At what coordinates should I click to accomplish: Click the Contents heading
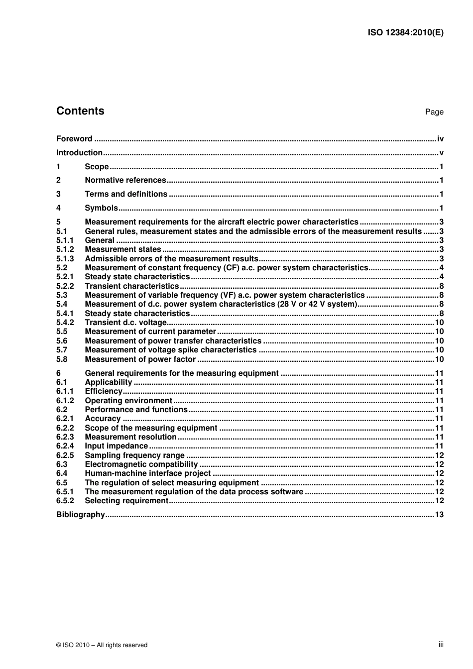tap(80, 111)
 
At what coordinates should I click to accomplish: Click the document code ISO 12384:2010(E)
tap(405, 33)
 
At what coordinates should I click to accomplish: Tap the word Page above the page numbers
tap(434, 112)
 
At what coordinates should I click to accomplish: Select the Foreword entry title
tap(74, 139)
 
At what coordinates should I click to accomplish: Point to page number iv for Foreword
tap(440, 139)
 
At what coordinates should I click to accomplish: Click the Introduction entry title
tap(79, 153)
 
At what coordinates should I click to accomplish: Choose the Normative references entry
tap(125, 180)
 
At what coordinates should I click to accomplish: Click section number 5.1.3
tap(65, 259)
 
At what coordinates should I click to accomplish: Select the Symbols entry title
tap(102, 208)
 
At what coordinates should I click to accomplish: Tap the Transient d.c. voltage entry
tap(125, 323)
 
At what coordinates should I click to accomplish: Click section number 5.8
tap(62, 359)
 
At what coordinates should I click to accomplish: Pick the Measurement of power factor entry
tap(140, 359)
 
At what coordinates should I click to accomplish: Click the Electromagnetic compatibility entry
tap(141, 464)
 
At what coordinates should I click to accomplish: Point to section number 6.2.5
tap(65, 455)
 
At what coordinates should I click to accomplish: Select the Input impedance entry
tap(117, 446)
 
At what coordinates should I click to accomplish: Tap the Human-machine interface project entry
tap(148, 474)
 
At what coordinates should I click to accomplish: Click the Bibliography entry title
tap(81, 515)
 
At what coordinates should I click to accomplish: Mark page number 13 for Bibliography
tap(439, 515)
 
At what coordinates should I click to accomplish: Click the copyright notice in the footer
tap(102, 645)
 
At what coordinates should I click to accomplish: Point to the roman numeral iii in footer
tap(441, 645)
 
